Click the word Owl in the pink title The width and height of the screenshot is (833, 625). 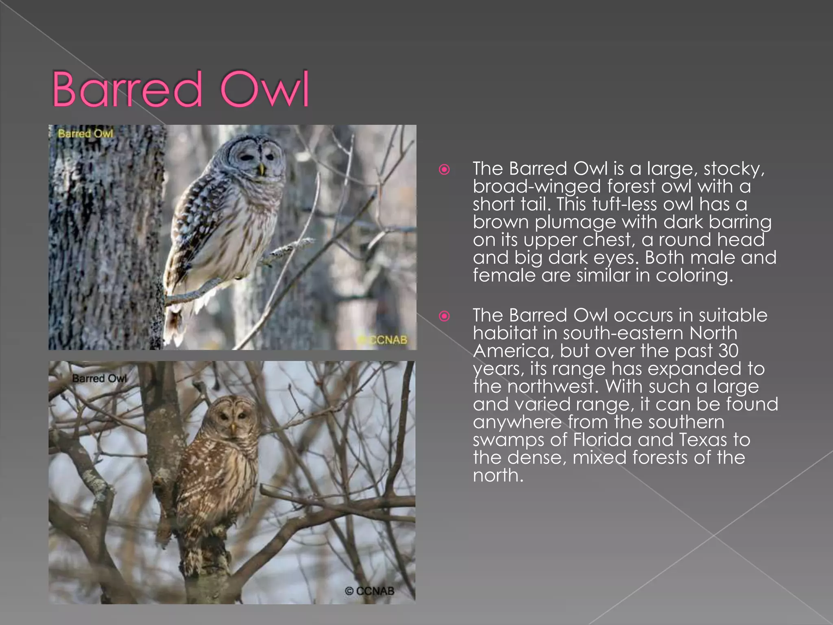pyautogui.click(x=264, y=90)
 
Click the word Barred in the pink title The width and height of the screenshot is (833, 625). pyautogui.click(x=127, y=90)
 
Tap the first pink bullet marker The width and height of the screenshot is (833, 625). pyautogui.click(x=444, y=169)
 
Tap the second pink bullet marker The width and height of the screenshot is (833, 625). pyautogui.click(x=444, y=316)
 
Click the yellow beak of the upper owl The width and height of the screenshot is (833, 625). pyautogui.click(x=262, y=168)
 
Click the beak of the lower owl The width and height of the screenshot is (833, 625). pyautogui.click(x=233, y=428)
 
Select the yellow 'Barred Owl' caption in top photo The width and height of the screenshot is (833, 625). pyautogui.click(x=85, y=133)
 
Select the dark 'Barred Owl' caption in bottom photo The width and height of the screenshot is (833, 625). pyautogui.click(x=99, y=378)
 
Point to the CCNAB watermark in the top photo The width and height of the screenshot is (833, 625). pyautogui.click(x=384, y=340)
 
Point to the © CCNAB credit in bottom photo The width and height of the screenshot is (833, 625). pyautogui.click(x=369, y=591)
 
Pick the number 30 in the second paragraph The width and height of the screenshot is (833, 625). pyautogui.click(x=727, y=351)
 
